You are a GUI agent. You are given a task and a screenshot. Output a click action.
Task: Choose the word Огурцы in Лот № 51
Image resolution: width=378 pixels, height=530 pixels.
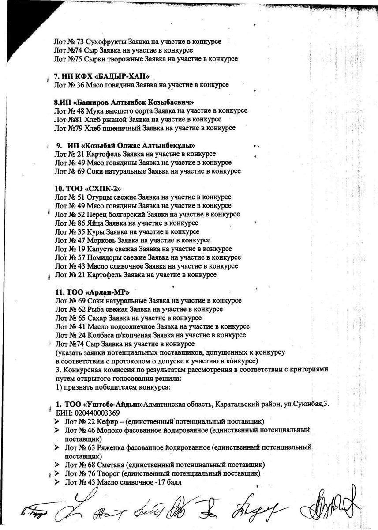click(99, 197)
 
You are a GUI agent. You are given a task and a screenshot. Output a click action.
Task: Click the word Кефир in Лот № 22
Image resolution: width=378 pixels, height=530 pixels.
click(107, 421)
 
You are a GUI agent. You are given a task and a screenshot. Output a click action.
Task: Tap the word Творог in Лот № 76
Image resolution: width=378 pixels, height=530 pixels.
click(108, 473)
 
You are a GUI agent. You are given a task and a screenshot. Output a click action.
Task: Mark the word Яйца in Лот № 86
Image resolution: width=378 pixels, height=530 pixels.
click(96, 223)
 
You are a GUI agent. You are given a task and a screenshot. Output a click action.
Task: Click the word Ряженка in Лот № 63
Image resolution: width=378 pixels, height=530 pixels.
click(112, 447)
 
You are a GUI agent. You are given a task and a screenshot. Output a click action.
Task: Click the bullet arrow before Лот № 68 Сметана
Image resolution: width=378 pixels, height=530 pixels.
click(57, 465)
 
